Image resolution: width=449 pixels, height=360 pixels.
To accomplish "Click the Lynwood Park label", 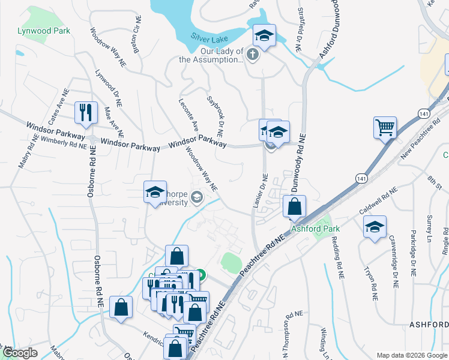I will pyautogui.click(x=44, y=31).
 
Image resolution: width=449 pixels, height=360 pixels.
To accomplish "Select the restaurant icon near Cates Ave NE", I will pyautogui.click(x=85, y=112).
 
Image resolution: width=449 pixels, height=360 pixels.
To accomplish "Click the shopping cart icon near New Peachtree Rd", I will pyautogui.click(x=385, y=127).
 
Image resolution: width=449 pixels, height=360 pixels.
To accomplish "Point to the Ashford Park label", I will pyautogui.click(x=315, y=229).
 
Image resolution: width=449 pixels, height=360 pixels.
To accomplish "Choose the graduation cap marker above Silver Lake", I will pyautogui.click(x=264, y=35).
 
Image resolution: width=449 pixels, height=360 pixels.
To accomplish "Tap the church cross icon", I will pyautogui.click(x=253, y=56).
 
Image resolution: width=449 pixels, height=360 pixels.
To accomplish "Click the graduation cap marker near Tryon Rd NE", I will pyautogui.click(x=375, y=226).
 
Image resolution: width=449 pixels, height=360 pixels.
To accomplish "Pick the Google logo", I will pyautogui.click(x=20, y=353).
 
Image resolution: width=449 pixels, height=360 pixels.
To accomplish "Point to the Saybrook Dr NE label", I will pyautogui.click(x=215, y=112).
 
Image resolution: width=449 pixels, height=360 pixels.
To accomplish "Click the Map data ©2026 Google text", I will pyautogui.click(x=411, y=355).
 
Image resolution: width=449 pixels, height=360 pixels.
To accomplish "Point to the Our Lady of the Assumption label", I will pyautogui.click(x=211, y=56).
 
